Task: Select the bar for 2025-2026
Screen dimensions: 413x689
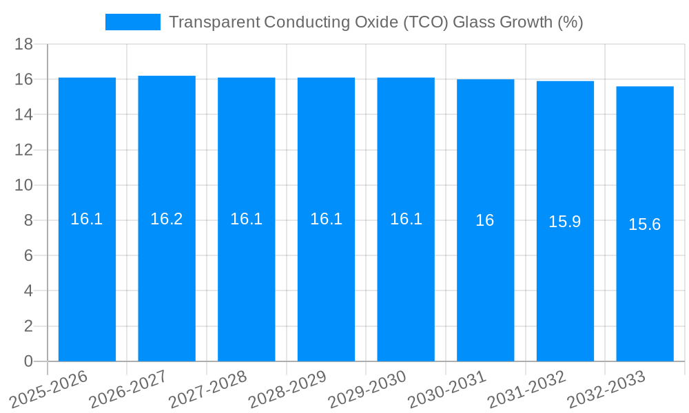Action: coord(87,289)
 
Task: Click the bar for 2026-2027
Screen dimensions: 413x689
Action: coord(167,289)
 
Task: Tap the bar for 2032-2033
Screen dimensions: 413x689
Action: coord(645,289)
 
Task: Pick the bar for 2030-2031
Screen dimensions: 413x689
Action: coord(485,289)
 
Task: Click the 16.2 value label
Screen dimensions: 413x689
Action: coord(167,219)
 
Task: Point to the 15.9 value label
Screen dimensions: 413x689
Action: coord(565,222)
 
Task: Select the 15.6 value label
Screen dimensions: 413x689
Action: coord(645,224)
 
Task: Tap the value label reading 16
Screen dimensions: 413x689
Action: coord(485,220)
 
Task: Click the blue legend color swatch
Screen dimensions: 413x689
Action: coord(132,22)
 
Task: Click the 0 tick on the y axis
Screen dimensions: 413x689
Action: coord(28,361)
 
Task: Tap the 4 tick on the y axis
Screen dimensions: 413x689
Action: coord(28,291)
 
